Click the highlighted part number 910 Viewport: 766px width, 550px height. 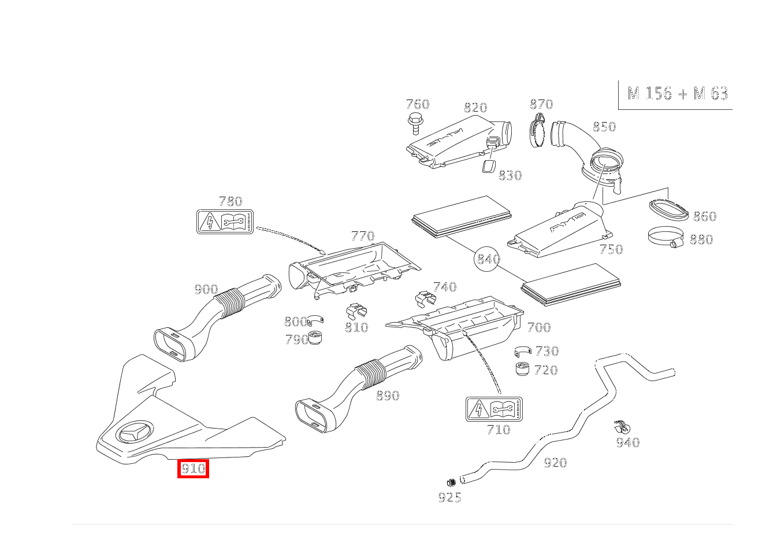click(192, 468)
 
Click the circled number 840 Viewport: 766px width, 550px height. click(488, 260)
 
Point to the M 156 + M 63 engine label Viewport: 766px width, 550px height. click(677, 94)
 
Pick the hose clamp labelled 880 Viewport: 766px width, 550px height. click(664, 237)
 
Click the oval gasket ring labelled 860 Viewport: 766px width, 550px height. click(669, 210)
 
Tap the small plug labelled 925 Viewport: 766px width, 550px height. click(451, 482)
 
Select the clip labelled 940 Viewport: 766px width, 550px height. click(622, 427)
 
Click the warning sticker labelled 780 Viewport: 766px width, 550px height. click(225, 222)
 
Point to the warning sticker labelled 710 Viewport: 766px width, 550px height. click(494, 409)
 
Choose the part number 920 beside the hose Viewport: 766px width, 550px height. click(555, 463)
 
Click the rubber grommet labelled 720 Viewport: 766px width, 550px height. click(522, 368)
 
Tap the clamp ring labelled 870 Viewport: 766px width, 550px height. click(537, 132)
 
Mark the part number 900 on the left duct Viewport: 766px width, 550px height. click(206, 290)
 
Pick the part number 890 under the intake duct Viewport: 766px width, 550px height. click(388, 396)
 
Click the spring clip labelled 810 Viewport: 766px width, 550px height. click(355, 312)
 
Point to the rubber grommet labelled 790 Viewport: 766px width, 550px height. click(315, 338)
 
